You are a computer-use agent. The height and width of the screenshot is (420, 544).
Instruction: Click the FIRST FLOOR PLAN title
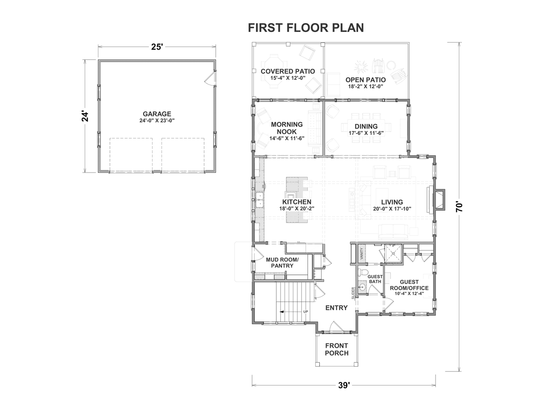click(x=306, y=28)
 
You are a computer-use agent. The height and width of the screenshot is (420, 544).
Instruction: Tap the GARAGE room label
click(x=157, y=114)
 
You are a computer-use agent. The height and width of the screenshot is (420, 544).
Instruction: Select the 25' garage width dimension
click(x=157, y=47)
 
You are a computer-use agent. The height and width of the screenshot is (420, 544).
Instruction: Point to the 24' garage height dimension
click(x=85, y=116)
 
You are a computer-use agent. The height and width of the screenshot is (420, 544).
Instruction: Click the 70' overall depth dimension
click(x=459, y=207)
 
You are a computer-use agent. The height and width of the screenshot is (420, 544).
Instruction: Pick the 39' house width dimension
click(x=344, y=385)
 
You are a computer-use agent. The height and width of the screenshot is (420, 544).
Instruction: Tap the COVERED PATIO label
click(x=288, y=71)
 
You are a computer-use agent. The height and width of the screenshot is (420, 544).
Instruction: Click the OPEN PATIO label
click(x=366, y=80)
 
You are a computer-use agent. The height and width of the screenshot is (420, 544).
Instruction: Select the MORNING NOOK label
click(x=287, y=128)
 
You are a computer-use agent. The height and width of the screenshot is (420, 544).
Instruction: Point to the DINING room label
click(x=366, y=126)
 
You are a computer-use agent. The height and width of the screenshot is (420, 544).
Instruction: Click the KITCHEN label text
click(x=297, y=202)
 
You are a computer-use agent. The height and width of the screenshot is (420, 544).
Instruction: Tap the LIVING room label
click(x=392, y=202)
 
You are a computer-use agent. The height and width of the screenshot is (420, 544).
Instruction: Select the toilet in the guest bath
click(x=363, y=273)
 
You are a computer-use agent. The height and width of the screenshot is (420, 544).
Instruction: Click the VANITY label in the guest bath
click(x=361, y=254)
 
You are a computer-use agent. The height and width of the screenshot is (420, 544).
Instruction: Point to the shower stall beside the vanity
click(x=393, y=254)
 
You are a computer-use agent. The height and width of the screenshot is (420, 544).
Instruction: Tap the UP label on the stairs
click(x=306, y=312)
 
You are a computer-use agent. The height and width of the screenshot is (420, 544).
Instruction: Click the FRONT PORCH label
click(x=337, y=350)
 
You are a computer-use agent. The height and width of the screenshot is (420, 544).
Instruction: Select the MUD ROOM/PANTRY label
click(x=282, y=263)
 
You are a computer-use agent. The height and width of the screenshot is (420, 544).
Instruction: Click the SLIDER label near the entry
click(x=353, y=293)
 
